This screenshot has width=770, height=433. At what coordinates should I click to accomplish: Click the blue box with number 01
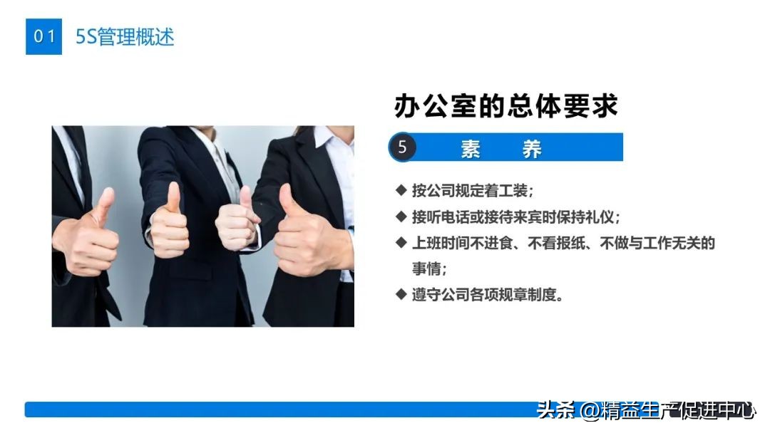point(43,36)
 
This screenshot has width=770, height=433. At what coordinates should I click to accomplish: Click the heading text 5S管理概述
point(125,37)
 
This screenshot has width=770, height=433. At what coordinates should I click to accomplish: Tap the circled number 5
point(403,147)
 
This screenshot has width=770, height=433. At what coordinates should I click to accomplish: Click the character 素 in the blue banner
point(471,148)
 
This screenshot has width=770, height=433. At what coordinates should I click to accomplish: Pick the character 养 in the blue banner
point(532,148)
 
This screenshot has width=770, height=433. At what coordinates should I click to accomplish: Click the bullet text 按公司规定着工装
point(472,191)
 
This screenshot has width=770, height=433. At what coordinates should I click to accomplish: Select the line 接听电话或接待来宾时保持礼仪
point(516,216)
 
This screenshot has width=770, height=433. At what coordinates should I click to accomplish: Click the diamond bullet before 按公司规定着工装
point(401,190)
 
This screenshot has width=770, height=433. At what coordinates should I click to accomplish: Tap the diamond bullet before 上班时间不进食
point(401,242)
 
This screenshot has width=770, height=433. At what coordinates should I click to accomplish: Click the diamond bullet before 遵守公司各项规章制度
point(401,293)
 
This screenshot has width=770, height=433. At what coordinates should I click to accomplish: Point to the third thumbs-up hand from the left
point(239,221)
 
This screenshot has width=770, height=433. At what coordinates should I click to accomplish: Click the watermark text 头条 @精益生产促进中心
point(645,411)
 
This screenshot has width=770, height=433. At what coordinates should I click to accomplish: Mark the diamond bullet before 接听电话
point(401,216)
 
